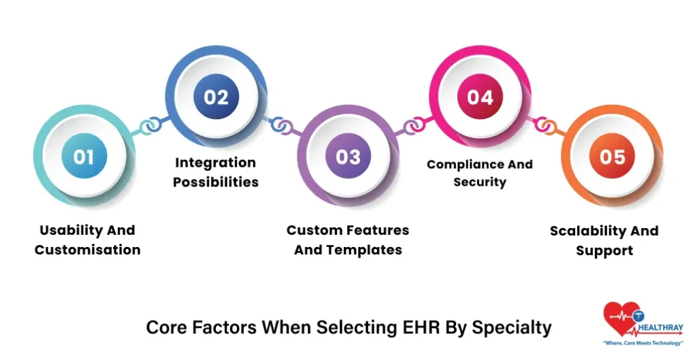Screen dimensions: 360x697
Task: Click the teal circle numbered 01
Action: pyautogui.click(x=84, y=157)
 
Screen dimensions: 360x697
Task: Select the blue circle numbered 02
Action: pyautogui.click(x=216, y=97)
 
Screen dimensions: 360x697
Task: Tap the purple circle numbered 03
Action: pyautogui.click(x=348, y=157)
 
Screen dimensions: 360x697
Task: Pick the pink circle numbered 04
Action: pyautogui.click(x=480, y=97)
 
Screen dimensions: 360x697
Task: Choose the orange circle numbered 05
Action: pyautogui.click(x=612, y=157)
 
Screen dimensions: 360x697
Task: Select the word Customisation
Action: pyautogui.click(x=88, y=250)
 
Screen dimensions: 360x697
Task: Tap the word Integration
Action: pyautogui.click(x=215, y=163)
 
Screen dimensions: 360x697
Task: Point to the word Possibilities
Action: pyautogui.click(x=216, y=182)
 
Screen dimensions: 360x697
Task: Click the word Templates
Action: pyautogui.click(x=366, y=250)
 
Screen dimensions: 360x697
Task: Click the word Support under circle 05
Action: pyautogui.click(x=604, y=250)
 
